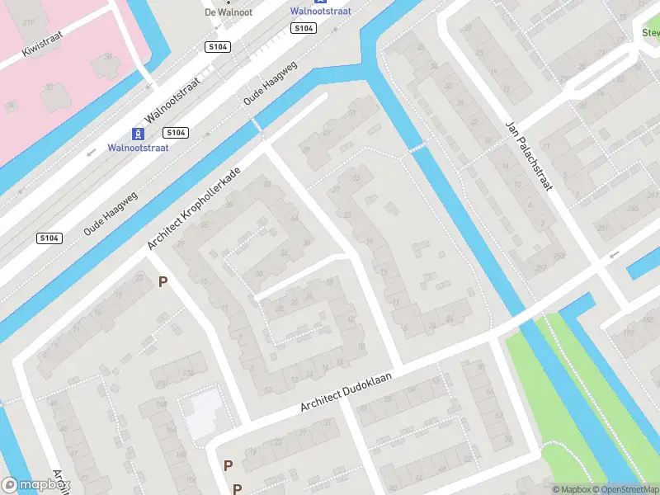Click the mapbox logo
coord(35,486)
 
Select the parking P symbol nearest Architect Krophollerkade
coord(163,282)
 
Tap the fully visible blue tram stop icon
coord(138,134)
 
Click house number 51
coord(353,112)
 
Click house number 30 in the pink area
coord(106,57)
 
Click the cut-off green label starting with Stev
coord(650,33)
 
